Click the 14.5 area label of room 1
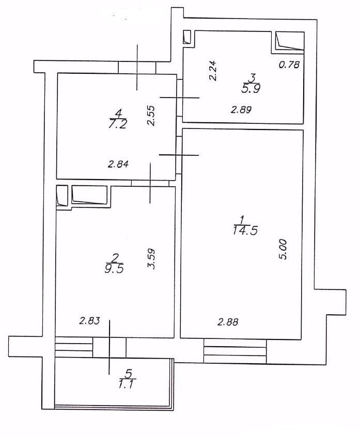[x=245, y=231]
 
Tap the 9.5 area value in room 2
[x=114, y=269]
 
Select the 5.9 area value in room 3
[x=252, y=89]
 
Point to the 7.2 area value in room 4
[x=117, y=124]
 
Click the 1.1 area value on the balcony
[x=127, y=384]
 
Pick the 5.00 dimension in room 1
[x=283, y=249]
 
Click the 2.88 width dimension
[x=228, y=322]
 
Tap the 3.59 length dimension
[x=151, y=258]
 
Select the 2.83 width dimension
[x=89, y=321]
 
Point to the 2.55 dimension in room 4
[x=151, y=116]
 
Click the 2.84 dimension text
[x=118, y=164]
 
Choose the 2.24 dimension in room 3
[x=213, y=71]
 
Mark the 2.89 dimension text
[x=241, y=109]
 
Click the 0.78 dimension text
[x=289, y=64]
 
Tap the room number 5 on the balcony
[x=129, y=373]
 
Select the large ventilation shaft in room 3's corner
[x=290, y=41]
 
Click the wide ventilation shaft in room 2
[x=89, y=195]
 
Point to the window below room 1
[x=235, y=351]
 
